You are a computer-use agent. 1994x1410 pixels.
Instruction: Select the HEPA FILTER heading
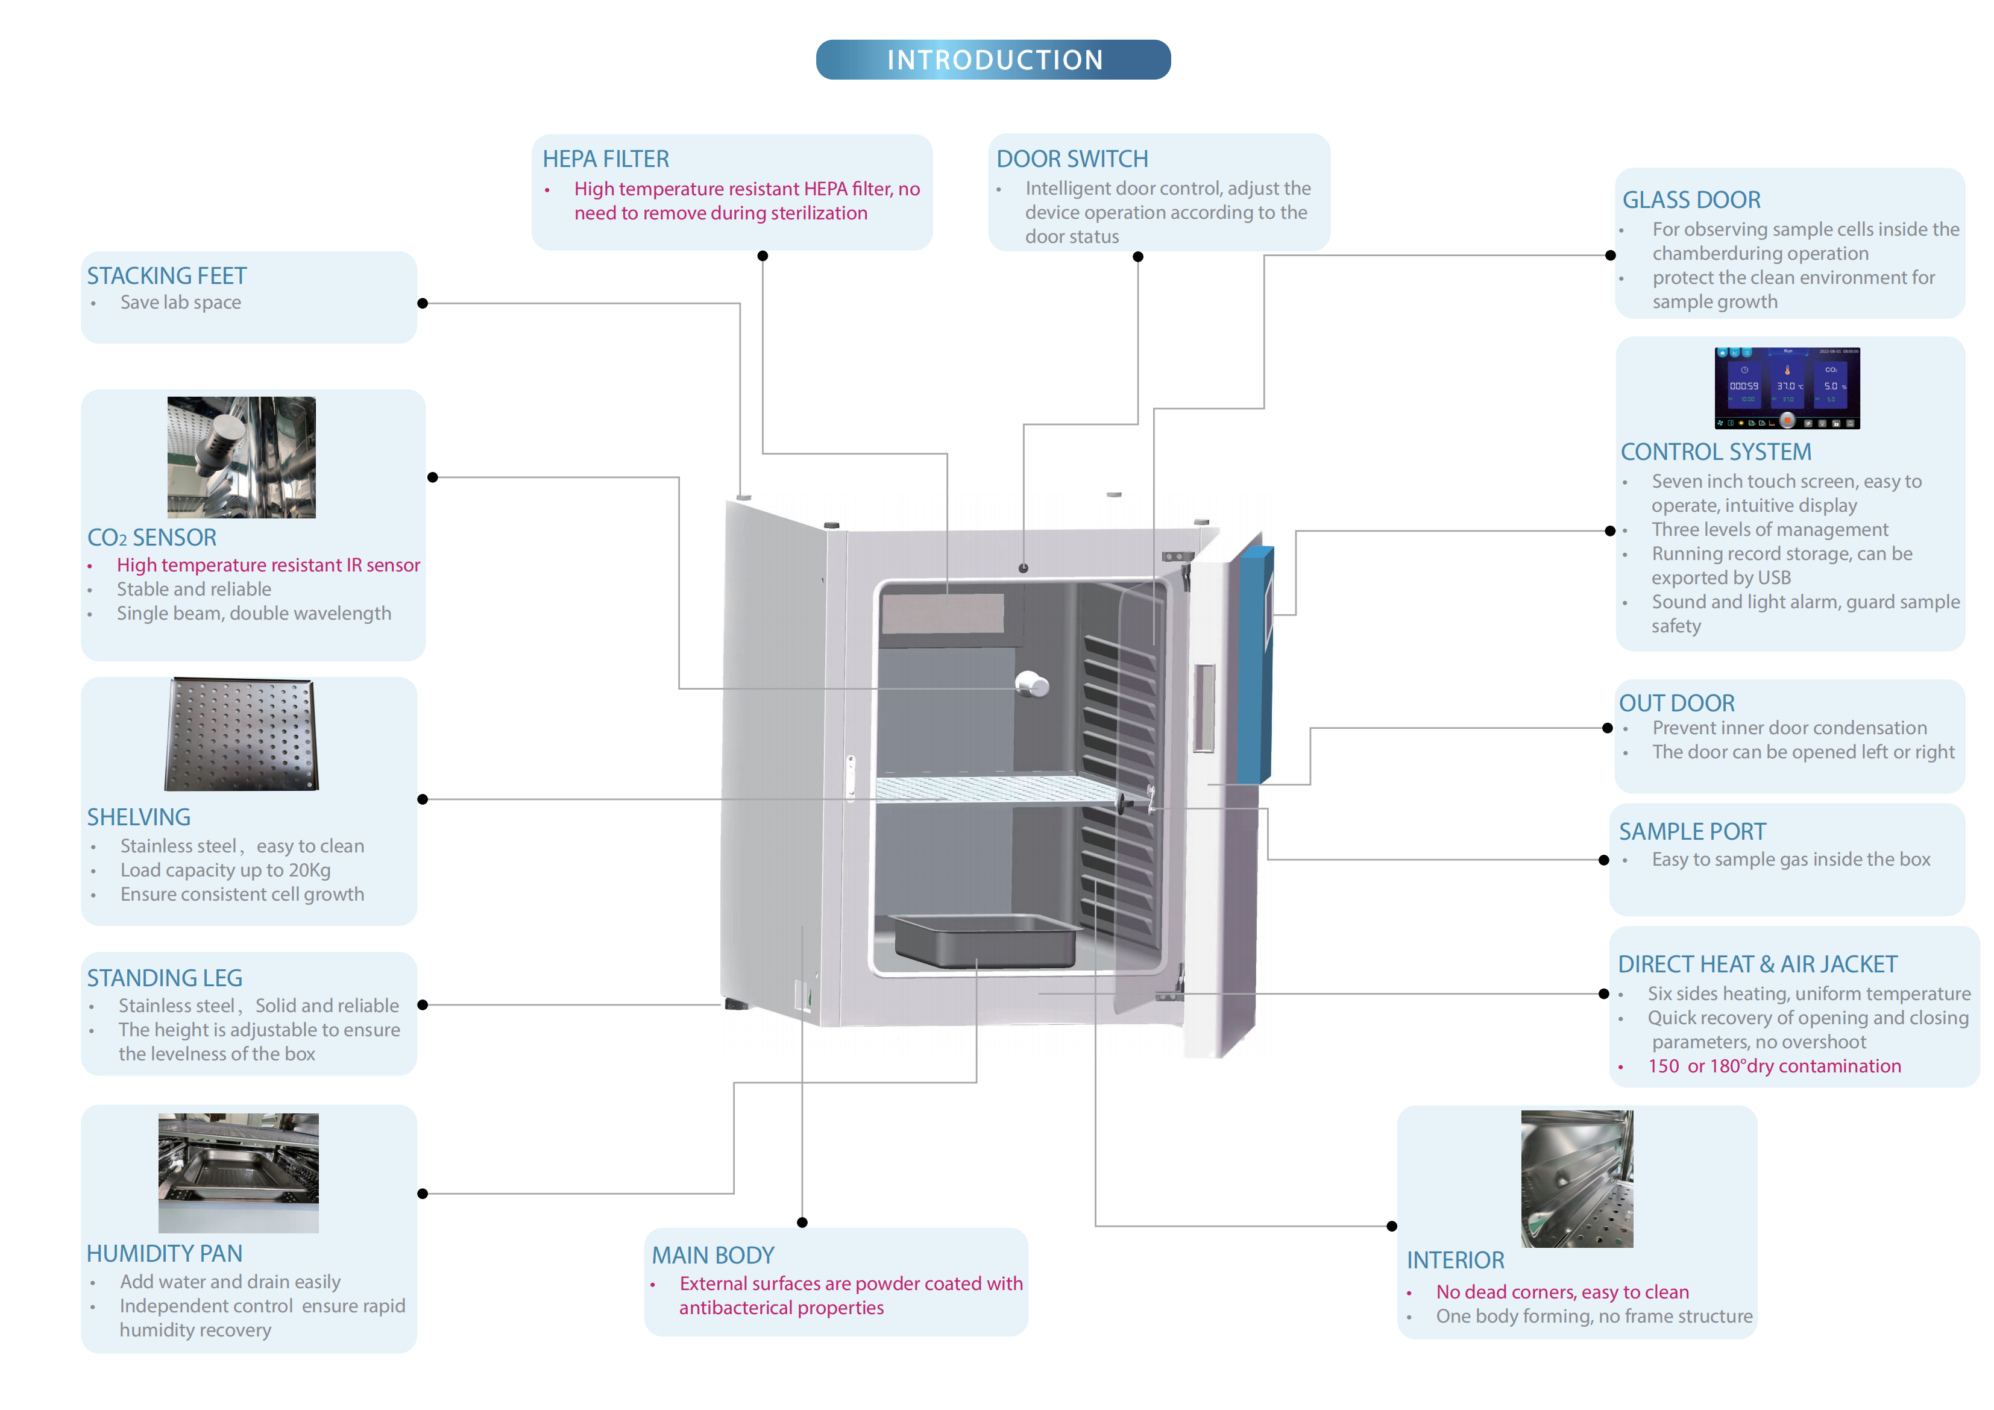point(605,159)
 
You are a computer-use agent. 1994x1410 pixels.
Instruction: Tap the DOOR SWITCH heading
point(1072,159)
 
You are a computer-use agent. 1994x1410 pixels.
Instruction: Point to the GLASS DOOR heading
point(1691,200)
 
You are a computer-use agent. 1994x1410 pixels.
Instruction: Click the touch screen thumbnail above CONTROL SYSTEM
point(1787,388)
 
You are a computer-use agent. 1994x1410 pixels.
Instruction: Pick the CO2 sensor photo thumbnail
point(242,458)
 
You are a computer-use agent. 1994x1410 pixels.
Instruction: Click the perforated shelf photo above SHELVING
point(242,735)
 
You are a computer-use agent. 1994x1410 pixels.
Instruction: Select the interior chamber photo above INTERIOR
point(1576,1179)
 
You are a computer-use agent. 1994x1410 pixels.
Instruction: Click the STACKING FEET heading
point(167,276)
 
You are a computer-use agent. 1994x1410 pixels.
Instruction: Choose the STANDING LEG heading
point(164,978)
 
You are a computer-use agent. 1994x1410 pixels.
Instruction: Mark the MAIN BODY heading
point(713,1255)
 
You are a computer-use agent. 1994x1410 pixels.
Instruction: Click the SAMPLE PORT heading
point(1692,831)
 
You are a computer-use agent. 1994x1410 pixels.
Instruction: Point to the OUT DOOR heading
point(1676,703)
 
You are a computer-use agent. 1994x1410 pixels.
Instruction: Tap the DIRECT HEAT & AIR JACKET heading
point(1757,965)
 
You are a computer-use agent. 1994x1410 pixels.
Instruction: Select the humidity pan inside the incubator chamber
point(986,940)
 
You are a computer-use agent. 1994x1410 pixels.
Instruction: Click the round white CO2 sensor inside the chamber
point(1033,685)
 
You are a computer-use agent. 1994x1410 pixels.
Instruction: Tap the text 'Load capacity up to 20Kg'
point(225,870)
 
